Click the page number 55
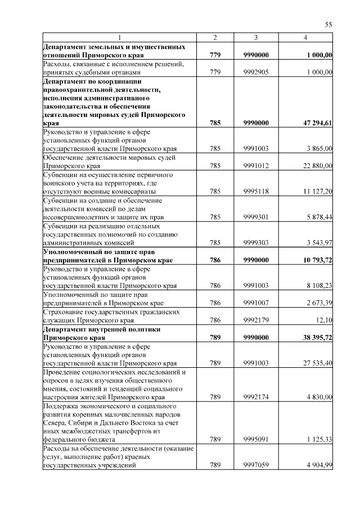click(x=329, y=24)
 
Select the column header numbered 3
click(x=256, y=37)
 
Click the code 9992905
click(x=256, y=72)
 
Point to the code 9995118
click(x=256, y=191)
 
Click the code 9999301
click(x=256, y=217)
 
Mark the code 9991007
click(x=256, y=303)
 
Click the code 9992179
click(x=256, y=320)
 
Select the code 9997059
click(x=256, y=465)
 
